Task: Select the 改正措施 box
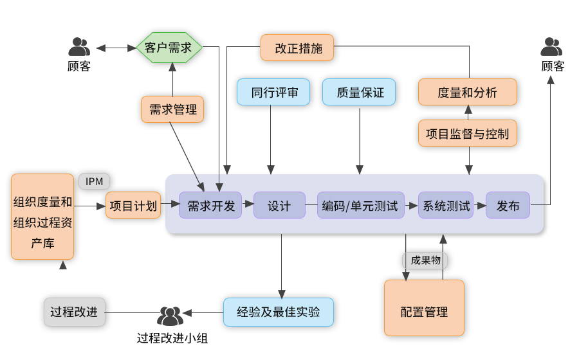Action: (x=298, y=48)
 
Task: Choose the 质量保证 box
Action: (x=359, y=93)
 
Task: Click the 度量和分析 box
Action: (x=468, y=93)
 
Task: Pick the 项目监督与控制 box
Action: (x=468, y=134)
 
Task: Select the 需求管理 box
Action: (x=172, y=109)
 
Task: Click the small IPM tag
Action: (x=94, y=181)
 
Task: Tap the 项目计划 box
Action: (x=133, y=206)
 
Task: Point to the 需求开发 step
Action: (x=211, y=206)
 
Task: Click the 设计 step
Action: (x=279, y=206)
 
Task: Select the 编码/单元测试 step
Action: (x=361, y=206)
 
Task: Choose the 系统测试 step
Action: (x=446, y=206)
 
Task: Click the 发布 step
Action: (x=508, y=206)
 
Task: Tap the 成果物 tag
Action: (x=425, y=260)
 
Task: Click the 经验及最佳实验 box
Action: (x=279, y=312)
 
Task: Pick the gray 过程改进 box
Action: (x=74, y=312)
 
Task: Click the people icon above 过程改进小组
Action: (x=170, y=316)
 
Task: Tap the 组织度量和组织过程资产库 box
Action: (x=43, y=217)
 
